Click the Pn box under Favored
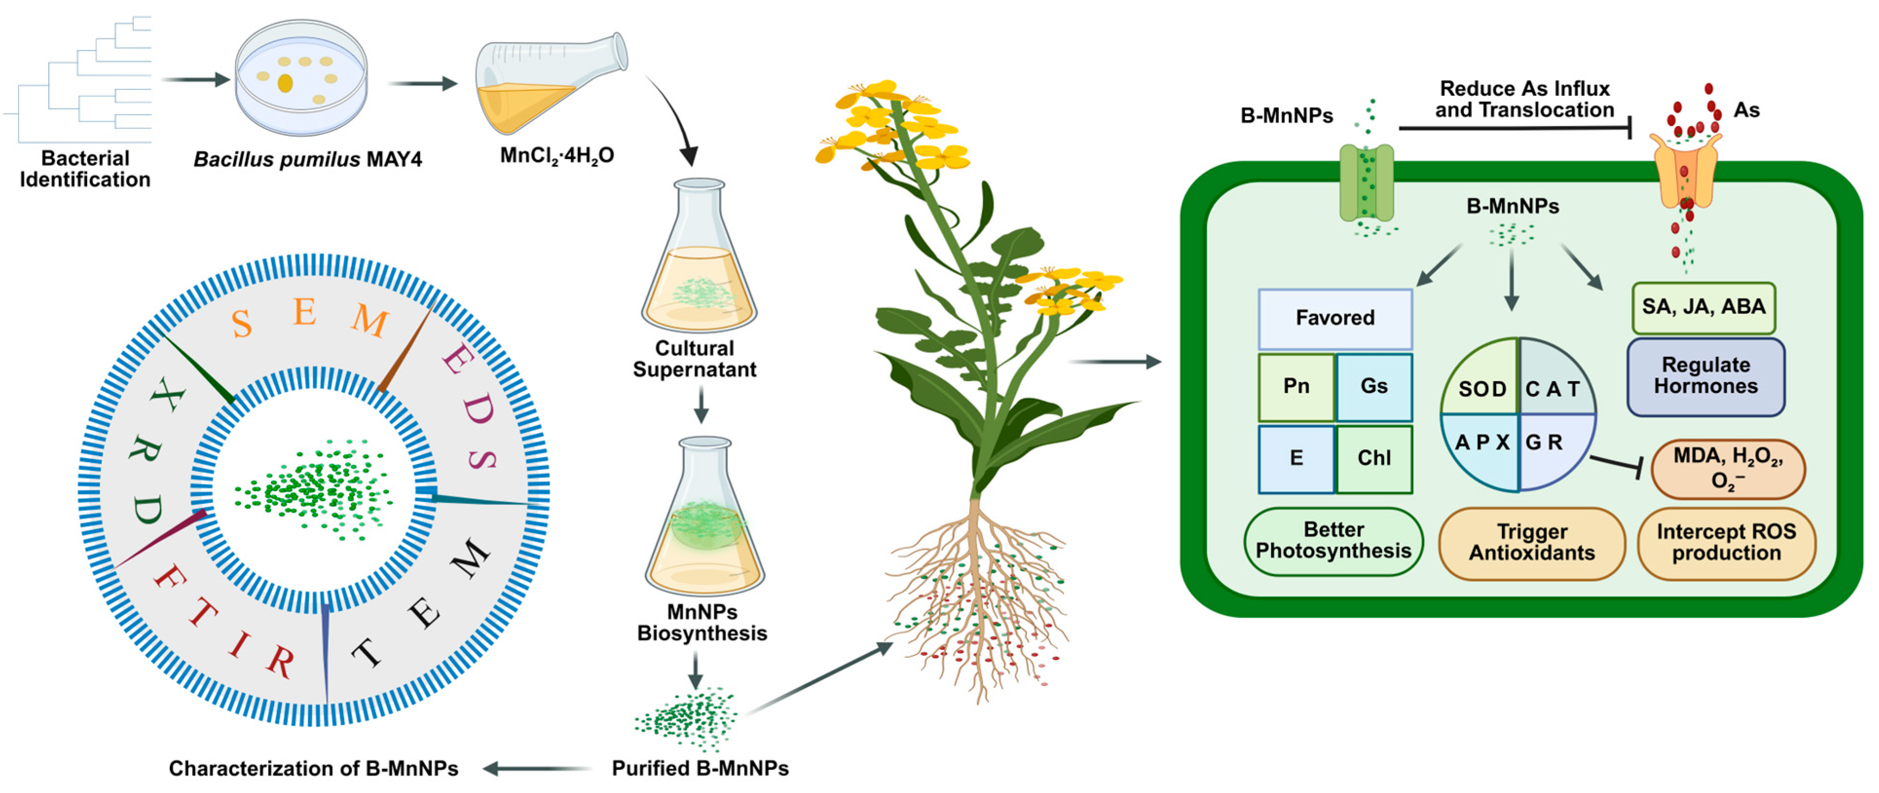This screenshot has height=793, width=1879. pos(1296,387)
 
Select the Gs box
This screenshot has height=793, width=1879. pos(1373,387)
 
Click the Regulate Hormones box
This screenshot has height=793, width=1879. pos(1705,376)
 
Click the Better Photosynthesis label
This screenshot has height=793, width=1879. pos(1333,541)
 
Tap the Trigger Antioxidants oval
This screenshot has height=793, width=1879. pos(1532,543)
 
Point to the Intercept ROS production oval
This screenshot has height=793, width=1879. pos(1726,543)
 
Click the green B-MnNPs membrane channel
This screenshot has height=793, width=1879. pos(1366,182)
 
